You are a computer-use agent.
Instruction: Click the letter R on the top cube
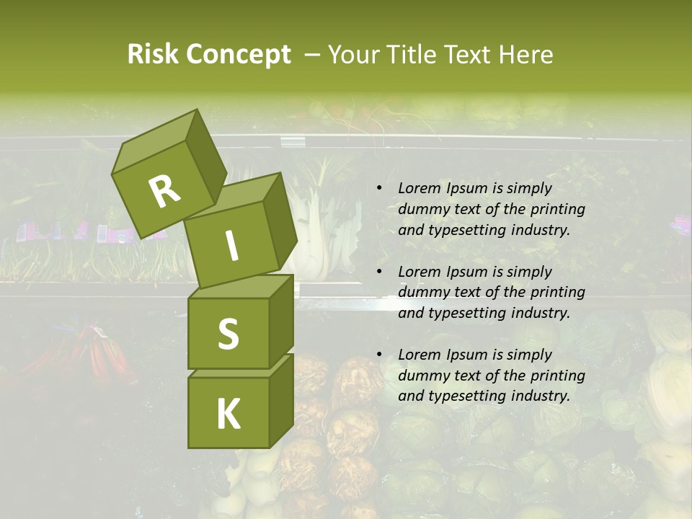coord(164,191)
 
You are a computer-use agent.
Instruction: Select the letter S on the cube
coord(228,334)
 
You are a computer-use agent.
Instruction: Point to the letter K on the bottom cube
coord(228,414)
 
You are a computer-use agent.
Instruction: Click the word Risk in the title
coord(153,54)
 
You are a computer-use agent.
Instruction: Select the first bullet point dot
coord(379,189)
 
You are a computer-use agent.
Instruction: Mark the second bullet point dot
coord(379,272)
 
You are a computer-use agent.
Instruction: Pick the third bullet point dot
coord(379,355)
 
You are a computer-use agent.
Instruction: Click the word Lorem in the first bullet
coord(419,188)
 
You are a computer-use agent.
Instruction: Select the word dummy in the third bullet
coord(422,376)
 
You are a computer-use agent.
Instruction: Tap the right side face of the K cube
coord(281,400)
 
